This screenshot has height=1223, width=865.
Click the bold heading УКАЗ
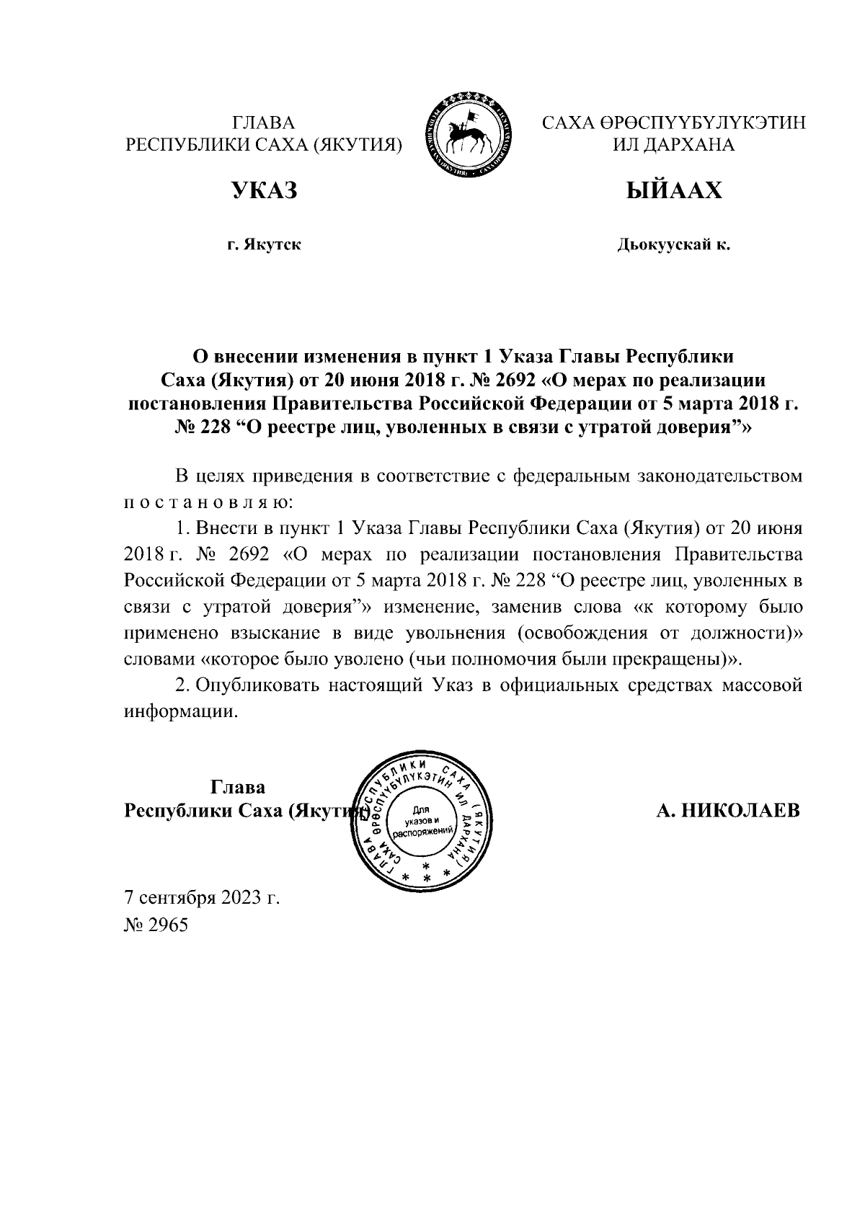coord(263,190)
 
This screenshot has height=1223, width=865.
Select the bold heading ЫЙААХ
coord(673,190)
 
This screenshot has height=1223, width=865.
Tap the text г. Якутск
coord(264,245)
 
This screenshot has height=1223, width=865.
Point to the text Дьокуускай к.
coord(673,245)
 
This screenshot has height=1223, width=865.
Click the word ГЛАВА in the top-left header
coord(264,123)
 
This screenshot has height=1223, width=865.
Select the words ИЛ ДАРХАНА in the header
coord(673,145)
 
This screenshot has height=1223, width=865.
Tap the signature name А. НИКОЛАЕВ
coord(728,810)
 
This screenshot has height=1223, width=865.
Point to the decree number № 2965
coord(156,925)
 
